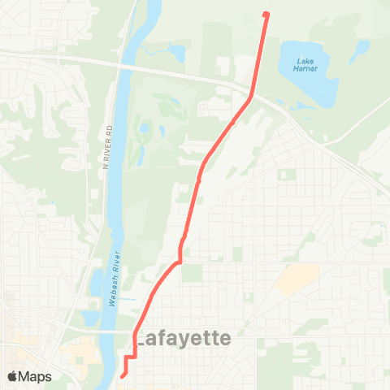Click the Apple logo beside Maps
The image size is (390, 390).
(12, 376)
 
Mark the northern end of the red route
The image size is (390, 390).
(266, 14)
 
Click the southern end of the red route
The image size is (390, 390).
(122, 375)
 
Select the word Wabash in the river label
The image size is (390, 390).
(112, 289)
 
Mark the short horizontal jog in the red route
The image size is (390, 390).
(130, 357)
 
